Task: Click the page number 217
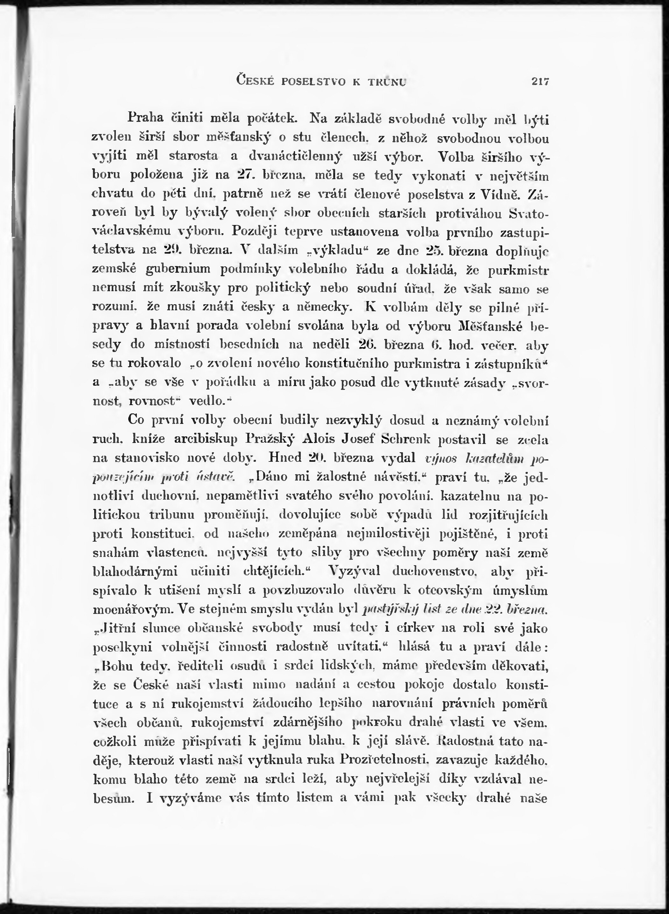[540, 81]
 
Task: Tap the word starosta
[193, 156]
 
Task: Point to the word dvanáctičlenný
[296, 156]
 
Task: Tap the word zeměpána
[308, 534]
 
